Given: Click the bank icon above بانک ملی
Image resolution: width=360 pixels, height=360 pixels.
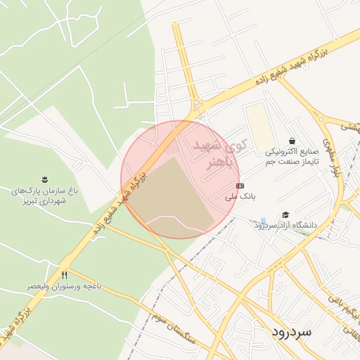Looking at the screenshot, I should [240, 186].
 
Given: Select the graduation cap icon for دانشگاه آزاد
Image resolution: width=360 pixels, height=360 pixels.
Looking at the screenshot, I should [285, 214].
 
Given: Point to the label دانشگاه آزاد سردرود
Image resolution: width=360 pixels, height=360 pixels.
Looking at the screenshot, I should [285, 225].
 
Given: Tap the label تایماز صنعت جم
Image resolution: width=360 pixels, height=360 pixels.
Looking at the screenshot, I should [292, 161].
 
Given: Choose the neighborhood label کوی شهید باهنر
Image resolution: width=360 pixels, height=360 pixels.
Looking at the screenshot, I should [219, 153].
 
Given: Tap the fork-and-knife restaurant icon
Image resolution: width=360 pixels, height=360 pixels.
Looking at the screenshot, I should [65, 275].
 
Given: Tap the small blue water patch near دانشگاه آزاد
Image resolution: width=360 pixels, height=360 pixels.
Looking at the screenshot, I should [262, 220].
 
